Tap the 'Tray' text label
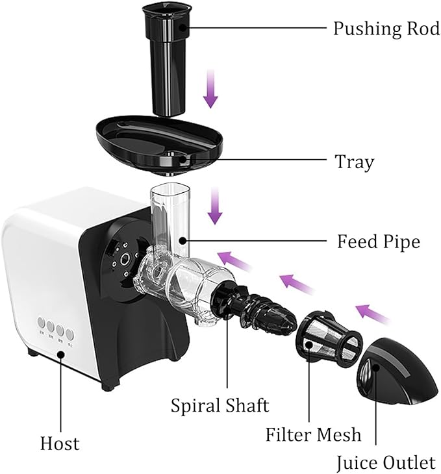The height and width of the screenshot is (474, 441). [354, 161]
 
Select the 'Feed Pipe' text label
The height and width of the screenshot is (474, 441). [378, 242]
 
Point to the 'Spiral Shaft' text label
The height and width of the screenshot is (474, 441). [220, 405]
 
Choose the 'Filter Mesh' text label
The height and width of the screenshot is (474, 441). [313, 433]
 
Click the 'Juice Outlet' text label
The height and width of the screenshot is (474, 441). [385, 462]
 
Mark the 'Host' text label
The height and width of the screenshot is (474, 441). [59, 443]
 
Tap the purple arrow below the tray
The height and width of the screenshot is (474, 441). [214, 207]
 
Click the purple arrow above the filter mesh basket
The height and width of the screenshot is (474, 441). [296, 283]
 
